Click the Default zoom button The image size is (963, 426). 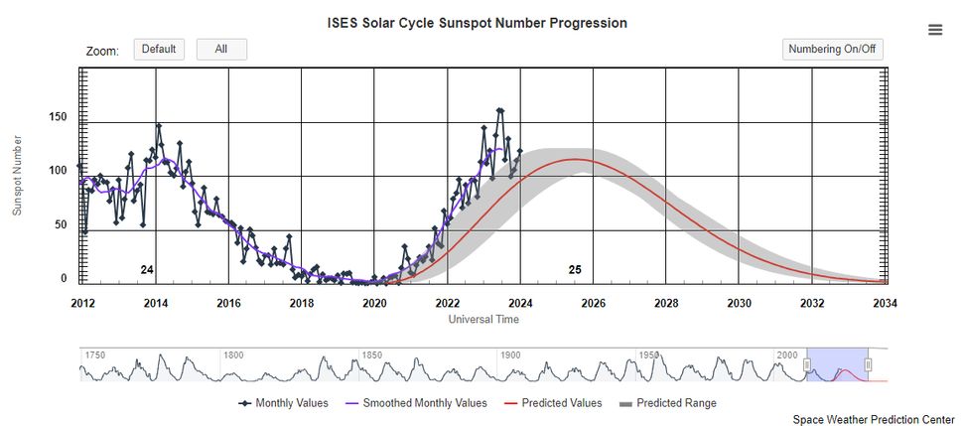pyautogui.click(x=159, y=50)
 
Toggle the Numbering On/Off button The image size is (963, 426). pyautogui.click(x=832, y=50)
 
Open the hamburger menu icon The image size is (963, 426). pyautogui.click(x=934, y=30)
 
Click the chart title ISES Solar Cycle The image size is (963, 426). pyautogui.click(x=477, y=23)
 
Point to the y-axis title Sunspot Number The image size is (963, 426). pyautogui.click(x=17, y=176)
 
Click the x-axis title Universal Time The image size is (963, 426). pyautogui.click(x=483, y=320)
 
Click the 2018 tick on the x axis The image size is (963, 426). pyautogui.click(x=302, y=303)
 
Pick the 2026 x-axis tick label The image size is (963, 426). pyautogui.click(x=593, y=303)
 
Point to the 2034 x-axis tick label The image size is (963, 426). pyautogui.click(x=884, y=303)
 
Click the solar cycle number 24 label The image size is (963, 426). pyautogui.click(x=147, y=270)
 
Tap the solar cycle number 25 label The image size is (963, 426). pyautogui.click(x=575, y=270)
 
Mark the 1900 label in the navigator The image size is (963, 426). pyautogui.click(x=509, y=355)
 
